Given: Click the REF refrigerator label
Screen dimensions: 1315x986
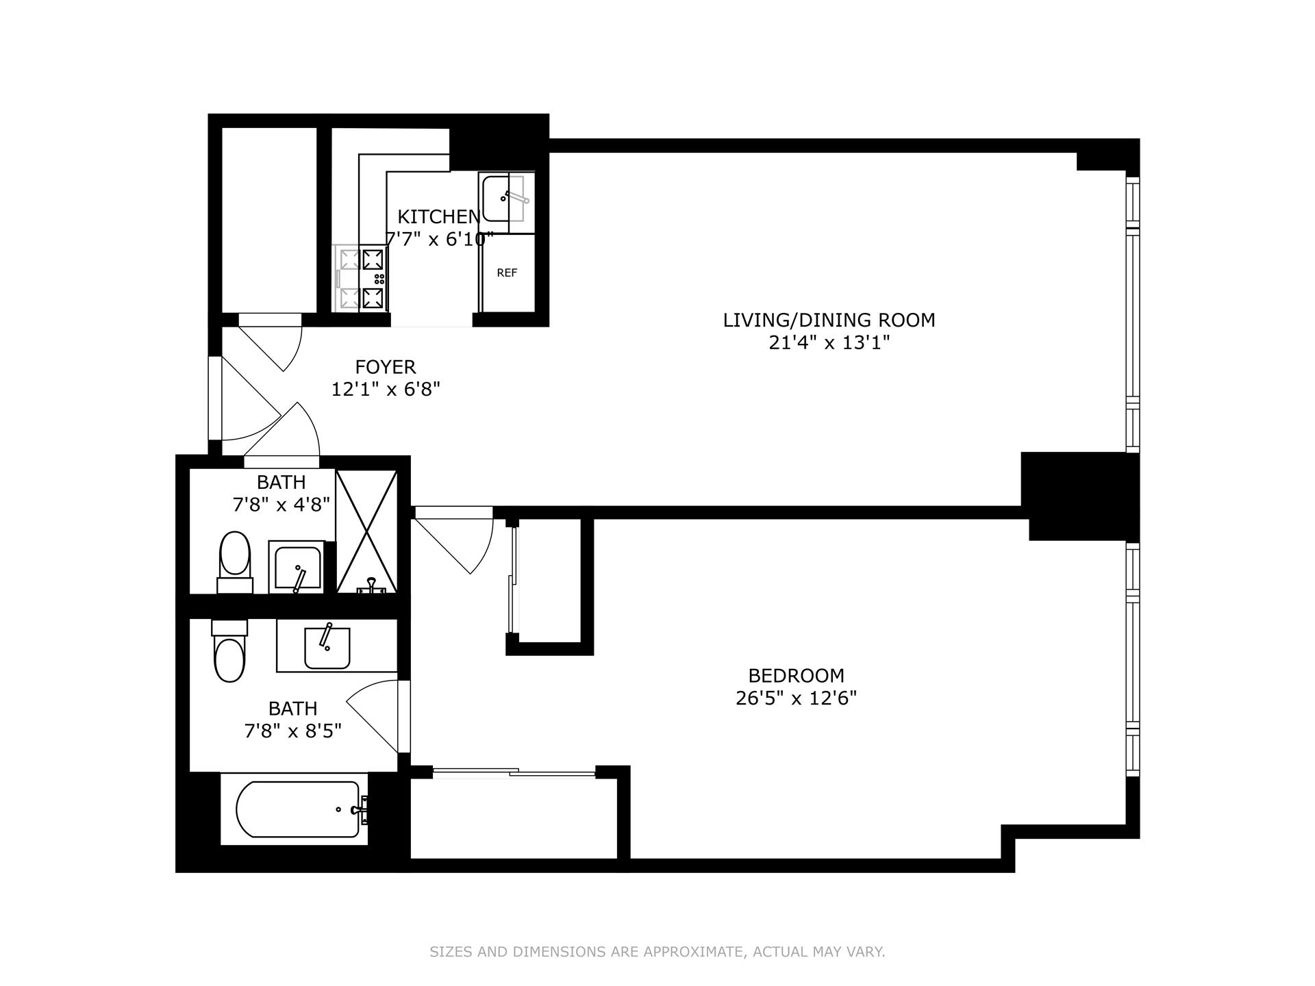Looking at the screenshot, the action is tap(507, 273).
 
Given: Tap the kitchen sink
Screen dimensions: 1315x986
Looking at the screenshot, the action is tap(507, 199).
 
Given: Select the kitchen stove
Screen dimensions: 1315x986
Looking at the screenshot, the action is tap(361, 279).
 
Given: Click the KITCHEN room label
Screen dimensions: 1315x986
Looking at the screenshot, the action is tap(438, 216).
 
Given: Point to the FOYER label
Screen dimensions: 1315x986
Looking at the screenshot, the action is tap(386, 367).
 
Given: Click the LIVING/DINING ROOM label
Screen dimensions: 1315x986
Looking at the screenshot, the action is tap(829, 320).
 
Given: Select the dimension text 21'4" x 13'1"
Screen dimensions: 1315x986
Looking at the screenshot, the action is tap(829, 342).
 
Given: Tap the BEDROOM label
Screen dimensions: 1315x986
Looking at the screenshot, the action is tap(796, 676).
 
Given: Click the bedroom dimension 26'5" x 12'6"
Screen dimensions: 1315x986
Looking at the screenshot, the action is tap(796, 698).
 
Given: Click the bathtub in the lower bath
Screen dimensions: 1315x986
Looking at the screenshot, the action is tap(298, 809).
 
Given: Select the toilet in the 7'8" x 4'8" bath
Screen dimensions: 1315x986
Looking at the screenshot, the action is tap(234, 562).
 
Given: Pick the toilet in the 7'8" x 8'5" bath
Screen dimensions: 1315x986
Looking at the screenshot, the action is tap(229, 650).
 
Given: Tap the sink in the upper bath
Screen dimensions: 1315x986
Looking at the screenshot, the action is tap(296, 567).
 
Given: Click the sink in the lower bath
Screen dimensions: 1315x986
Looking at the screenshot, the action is tap(327, 646).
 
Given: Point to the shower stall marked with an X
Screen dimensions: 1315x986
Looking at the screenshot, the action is tap(366, 531).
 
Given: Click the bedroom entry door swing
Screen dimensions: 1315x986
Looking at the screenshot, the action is tap(453, 540).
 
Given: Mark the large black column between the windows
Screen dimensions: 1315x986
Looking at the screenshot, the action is tap(1080, 496).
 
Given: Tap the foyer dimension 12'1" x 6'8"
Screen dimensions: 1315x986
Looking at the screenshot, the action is tap(386, 390).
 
